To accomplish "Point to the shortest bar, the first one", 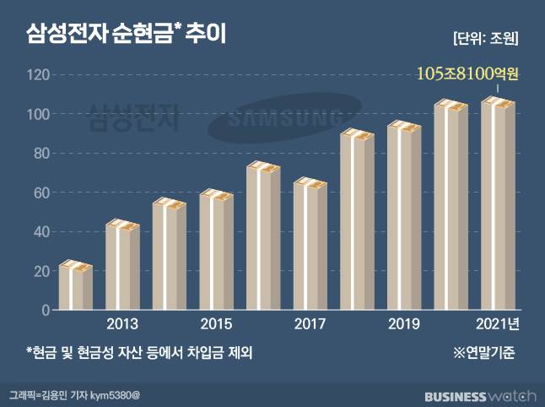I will (x=76, y=287).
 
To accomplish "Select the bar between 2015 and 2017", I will (x=263, y=237).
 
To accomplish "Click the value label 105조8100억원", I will (x=467, y=74).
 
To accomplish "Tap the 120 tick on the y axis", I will (x=38, y=75).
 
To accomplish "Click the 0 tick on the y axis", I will (x=46, y=310).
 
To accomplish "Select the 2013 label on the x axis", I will (x=123, y=324).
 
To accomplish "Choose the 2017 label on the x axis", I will (x=310, y=324).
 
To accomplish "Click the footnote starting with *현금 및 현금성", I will (x=139, y=352).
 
